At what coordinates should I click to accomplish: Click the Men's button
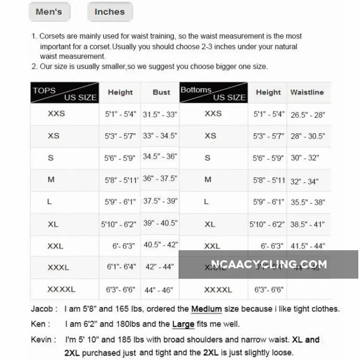[49, 12]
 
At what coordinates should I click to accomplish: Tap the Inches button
[110, 12]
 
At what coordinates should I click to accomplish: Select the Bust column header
[161, 92]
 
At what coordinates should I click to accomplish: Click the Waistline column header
[307, 92]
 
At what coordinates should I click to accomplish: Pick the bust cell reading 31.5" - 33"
[160, 114]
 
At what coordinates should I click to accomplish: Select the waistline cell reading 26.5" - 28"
[308, 115]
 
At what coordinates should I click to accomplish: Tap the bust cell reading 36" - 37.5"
[160, 178]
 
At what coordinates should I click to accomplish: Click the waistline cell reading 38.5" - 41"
[308, 225]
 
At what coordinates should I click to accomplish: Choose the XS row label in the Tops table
[54, 136]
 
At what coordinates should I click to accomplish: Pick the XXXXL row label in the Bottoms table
[218, 290]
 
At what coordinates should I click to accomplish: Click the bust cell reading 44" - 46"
[158, 290]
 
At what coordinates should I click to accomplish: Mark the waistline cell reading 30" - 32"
[305, 158]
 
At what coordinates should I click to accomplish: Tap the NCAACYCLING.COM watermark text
[269, 264]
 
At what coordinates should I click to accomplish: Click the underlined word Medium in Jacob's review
[206, 309]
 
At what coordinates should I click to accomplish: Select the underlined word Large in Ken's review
[183, 324]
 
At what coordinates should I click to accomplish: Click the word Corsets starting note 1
[53, 36]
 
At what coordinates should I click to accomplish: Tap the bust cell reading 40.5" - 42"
[161, 244]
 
